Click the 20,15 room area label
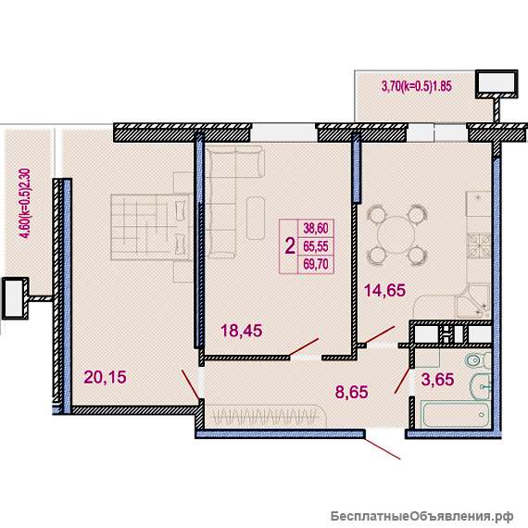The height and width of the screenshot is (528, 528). (105, 377)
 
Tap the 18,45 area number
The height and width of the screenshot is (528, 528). (242, 331)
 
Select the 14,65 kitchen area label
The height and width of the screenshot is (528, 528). (385, 290)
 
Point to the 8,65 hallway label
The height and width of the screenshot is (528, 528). (352, 392)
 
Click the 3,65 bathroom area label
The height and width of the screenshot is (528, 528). (438, 379)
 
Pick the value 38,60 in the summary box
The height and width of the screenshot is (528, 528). (316, 228)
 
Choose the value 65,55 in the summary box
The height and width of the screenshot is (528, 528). (316, 246)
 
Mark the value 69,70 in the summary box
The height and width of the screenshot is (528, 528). (316, 264)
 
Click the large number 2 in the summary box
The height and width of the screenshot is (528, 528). (290, 246)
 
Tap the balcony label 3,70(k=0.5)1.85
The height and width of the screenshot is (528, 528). (417, 86)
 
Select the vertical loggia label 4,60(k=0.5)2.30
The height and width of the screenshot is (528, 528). (26, 204)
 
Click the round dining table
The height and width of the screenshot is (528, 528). (396, 234)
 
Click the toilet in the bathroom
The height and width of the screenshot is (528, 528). (478, 360)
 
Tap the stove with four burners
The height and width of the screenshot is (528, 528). (478, 246)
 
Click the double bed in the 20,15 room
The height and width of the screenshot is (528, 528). (149, 227)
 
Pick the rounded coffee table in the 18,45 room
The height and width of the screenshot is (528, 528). (256, 219)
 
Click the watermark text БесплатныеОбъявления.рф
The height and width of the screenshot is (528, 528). (421, 516)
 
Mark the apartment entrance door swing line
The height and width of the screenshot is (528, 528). (383, 448)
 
